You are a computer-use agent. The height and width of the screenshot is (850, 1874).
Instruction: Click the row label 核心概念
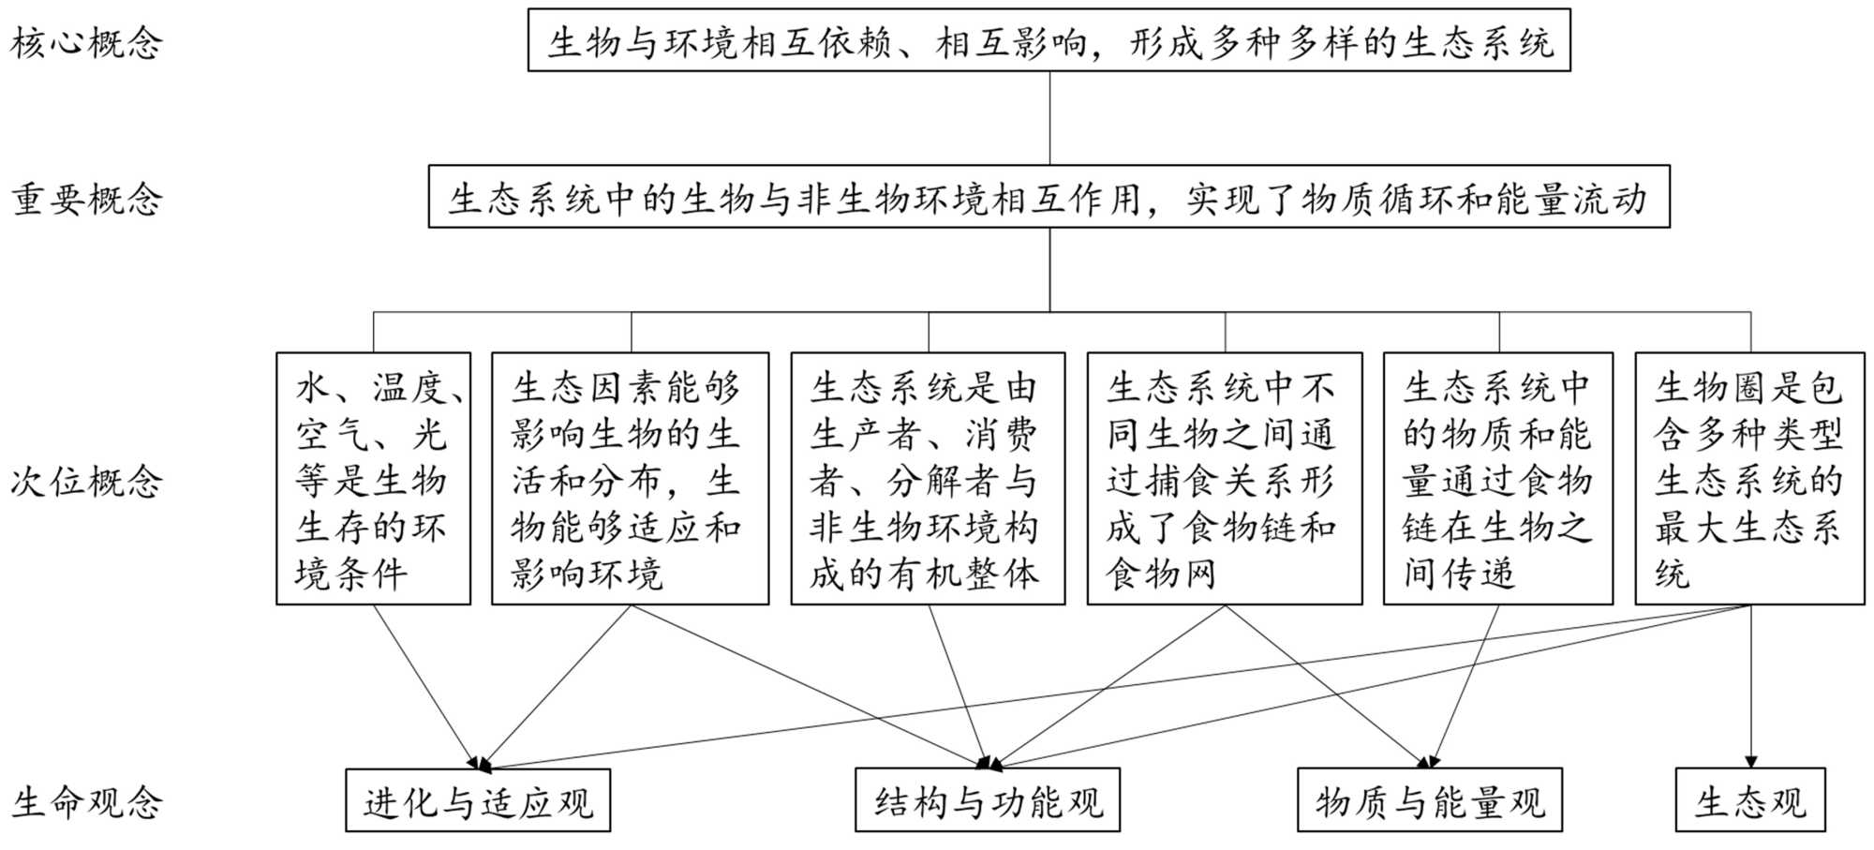pyautogui.click(x=86, y=43)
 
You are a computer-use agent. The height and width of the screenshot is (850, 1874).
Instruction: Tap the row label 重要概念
pyautogui.click(x=86, y=200)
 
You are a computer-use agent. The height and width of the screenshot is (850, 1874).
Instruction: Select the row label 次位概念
pyautogui.click(x=86, y=482)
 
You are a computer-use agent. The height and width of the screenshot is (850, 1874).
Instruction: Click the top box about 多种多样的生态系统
pyautogui.click(x=1049, y=41)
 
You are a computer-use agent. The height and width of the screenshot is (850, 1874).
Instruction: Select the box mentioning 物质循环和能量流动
pyautogui.click(x=1049, y=198)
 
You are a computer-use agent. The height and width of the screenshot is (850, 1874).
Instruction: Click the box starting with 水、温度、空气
pyautogui.click(x=373, y=479)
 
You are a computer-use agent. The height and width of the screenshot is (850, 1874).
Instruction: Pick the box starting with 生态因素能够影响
pyautogui.click(x=630, y=479)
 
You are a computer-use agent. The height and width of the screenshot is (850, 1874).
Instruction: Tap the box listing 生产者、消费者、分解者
pyautogui.click(x=928, y=479)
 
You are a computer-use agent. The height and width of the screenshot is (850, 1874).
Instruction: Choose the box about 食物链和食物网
pyautogui.click(x=1224, y=479)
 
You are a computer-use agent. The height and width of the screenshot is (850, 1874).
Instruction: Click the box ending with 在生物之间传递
pyautogui.click(x=1497, y=479)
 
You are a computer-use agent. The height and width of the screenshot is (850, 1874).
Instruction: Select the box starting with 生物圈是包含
pyautogui.click(x=1749, y=479)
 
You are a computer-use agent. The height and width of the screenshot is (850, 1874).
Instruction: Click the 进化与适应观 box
pyautogui.click(x=478, y=801)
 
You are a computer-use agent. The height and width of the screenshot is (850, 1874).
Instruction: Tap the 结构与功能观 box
pyautogui.click(x=987, y=801)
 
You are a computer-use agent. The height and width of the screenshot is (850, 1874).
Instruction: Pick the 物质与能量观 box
pyautogui.click(x=1429, y=801)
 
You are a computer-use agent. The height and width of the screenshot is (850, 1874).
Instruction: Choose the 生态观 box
pyautogui.click(x=1749, y=801)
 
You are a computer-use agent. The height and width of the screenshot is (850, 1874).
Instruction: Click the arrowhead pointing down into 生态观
pyautogui.click(x=1750, y=762)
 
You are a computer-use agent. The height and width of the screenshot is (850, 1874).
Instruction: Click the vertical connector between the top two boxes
pyautogui.click(x=1049, y=118)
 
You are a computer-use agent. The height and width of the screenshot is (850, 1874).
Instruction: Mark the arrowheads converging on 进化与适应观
pyautogui.click(x=480, y=764)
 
